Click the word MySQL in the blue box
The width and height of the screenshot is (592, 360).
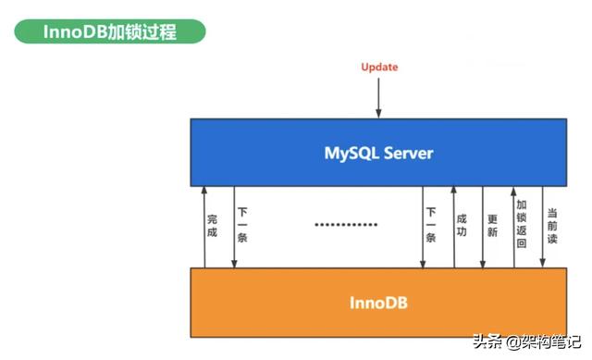350,152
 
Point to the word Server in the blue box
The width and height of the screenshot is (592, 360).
407,152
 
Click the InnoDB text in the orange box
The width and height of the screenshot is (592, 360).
378,303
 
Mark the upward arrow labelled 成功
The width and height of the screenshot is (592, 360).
452,227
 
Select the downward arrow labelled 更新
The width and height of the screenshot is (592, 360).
482,227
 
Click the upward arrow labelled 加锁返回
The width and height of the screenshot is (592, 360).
513,227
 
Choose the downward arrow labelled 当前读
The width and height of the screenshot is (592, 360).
543,227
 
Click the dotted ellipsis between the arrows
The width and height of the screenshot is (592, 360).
346,225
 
